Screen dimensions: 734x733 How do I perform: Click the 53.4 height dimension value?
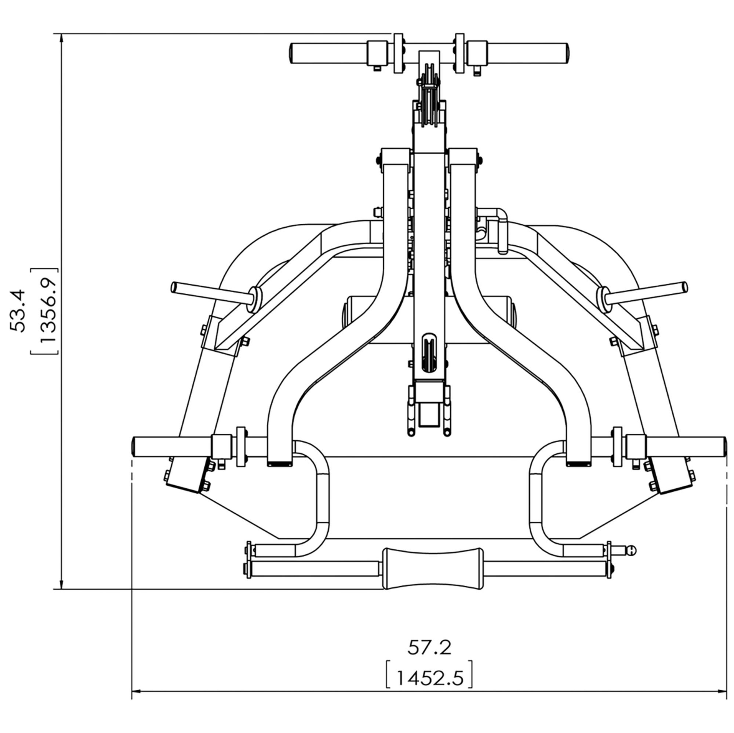(x=18, y=311)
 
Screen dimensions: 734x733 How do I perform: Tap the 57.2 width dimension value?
(x=429, y=648)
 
